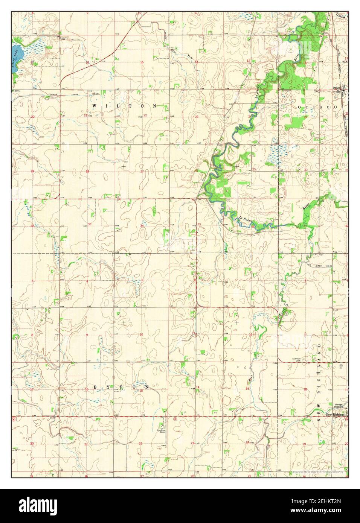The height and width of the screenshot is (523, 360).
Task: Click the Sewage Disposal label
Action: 338,406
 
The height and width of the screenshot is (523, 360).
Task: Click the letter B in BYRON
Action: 94,387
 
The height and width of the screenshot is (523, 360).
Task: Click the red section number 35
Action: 199,224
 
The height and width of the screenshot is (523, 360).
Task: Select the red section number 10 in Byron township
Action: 141,334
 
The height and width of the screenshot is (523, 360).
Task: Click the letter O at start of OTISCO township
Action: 300,107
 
